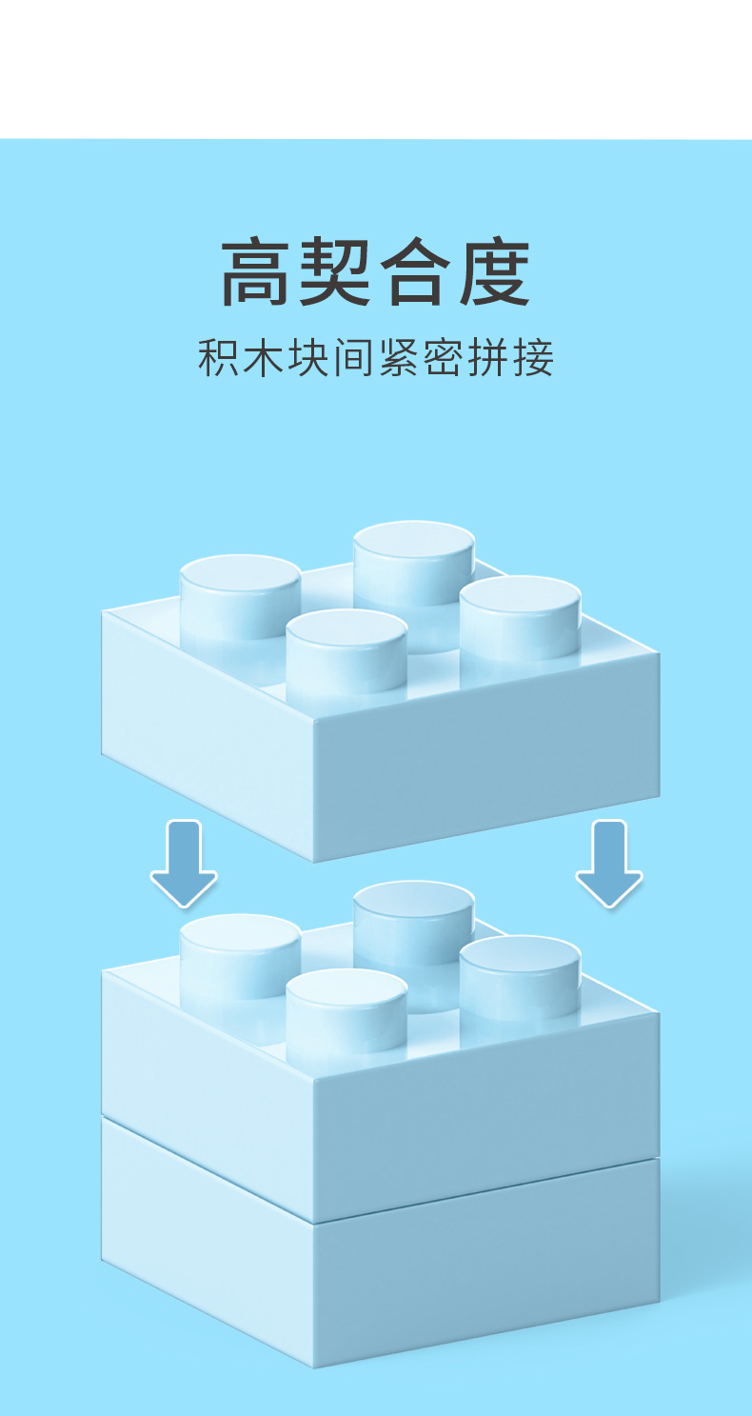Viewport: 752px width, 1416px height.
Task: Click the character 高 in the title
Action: click(259, 273)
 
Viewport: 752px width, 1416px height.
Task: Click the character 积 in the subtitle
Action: click(219, 359)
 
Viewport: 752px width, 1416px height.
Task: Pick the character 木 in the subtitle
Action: click(264, 359)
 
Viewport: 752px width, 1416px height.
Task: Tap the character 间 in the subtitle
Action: click(354, 359)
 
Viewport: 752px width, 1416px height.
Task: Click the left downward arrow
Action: click(184, 863)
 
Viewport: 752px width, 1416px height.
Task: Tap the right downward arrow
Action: click(609, 863)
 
